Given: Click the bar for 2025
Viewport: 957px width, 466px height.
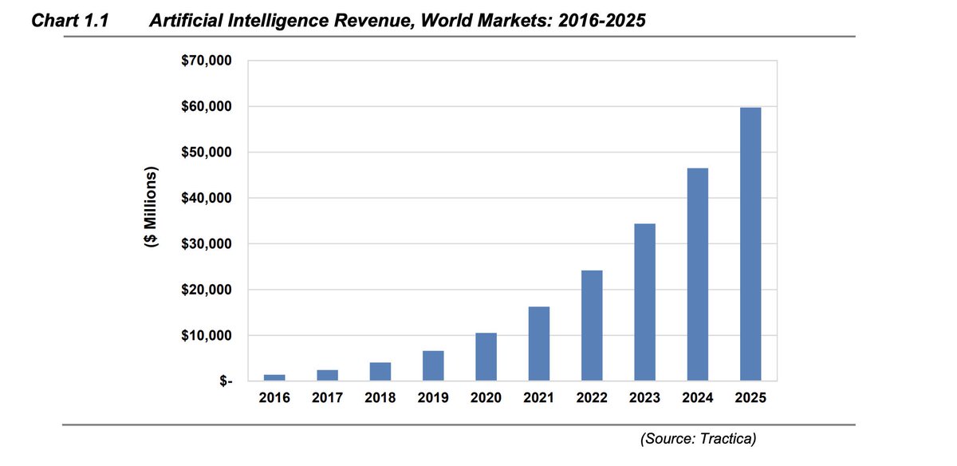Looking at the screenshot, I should coord(750,243).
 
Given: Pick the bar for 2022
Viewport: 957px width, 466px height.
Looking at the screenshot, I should coord(592,325).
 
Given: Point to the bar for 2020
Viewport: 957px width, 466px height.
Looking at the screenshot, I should coord(486,356).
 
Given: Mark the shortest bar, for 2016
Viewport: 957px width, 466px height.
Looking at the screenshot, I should coord(274,377).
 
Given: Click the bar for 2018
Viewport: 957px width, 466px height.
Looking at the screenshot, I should coord(380,372).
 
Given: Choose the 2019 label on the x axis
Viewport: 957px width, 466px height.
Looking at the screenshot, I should coord(433,398).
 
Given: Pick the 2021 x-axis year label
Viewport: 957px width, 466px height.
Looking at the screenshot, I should coord(538,398).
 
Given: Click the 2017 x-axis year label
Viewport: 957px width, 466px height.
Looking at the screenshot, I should coord(327,398).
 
